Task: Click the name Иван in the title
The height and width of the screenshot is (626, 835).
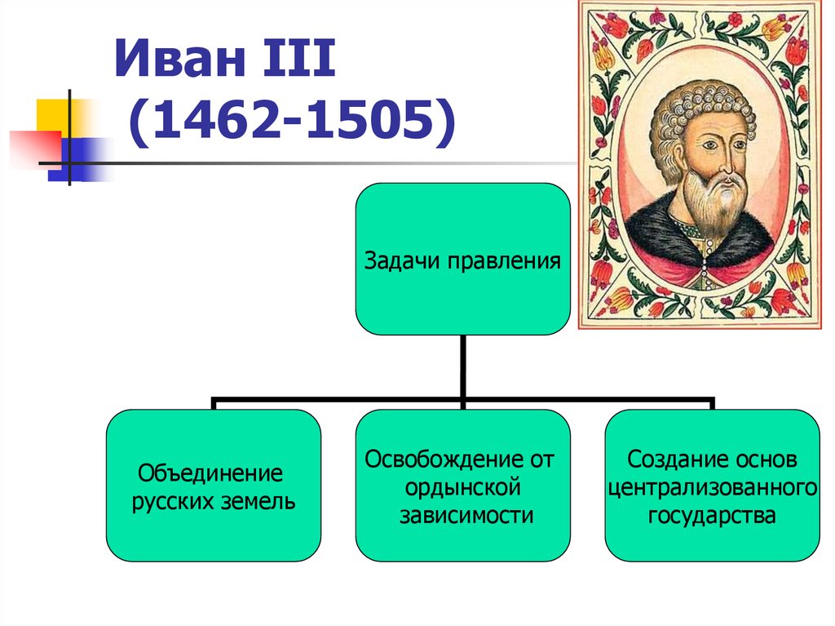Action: coord(179,58)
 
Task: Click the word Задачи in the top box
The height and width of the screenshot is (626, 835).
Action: coord(402,260)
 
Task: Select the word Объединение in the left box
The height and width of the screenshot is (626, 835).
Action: coord(210,473)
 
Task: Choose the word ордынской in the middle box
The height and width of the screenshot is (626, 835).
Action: coord(462,488)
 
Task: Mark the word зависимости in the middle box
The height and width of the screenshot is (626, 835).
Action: coord(466,516)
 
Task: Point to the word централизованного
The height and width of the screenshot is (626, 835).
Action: coord(713,488)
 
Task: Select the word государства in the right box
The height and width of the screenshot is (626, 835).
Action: coord(711,516)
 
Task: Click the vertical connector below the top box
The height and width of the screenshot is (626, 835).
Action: coord(463,366)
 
